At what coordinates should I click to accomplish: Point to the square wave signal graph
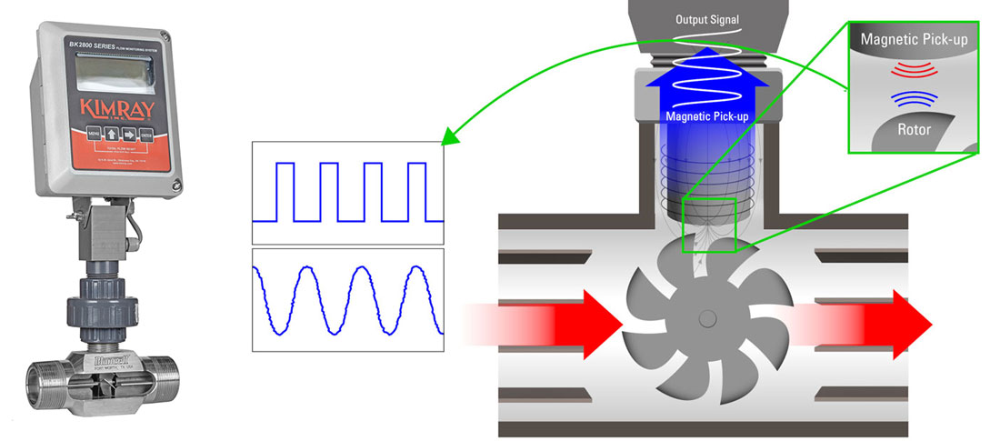click(347, 193)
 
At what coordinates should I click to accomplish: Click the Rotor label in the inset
click(910, 130)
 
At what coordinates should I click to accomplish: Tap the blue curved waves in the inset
click(910, 97)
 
